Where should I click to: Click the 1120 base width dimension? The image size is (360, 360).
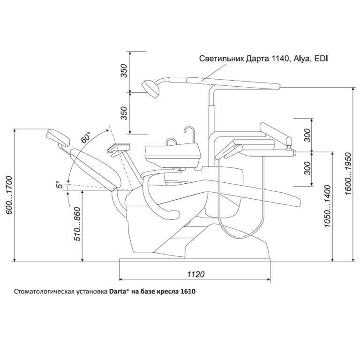click(x=195, y=274)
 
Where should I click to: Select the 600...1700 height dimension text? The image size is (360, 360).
click(x=9, y=195)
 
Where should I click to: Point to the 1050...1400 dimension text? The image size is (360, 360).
click(x=328, y=206)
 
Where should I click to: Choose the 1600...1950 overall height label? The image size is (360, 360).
click(x=348, y=174)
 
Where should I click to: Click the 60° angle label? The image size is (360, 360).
click(x=85, y=137)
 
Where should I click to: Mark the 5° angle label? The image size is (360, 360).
click(x=59, y=184)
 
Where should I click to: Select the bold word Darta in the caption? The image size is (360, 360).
click(x=117, y=292)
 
